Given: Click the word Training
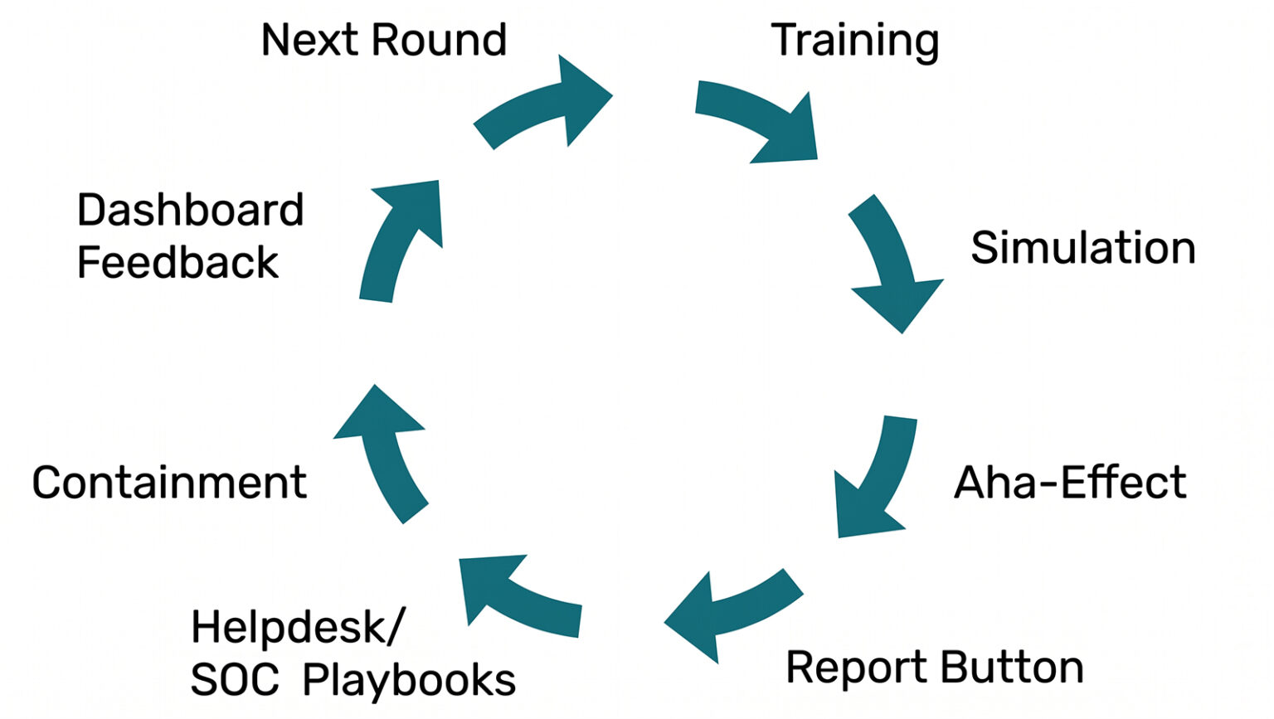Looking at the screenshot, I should pyautogui.click(x=854, y=41).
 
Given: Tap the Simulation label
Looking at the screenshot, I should pyautogui.click(x=1082, y=248).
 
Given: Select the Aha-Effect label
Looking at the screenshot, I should pyautogui.click(x=1070, y=483).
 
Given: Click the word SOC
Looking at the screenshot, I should pyautogui.click(x=235, y=680).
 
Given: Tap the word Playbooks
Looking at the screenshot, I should pyautogui.click(x=409, y=681).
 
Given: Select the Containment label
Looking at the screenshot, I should pyautogui.click(x=169, y=483).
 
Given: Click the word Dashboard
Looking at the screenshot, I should pyautogui.click(x=190, y=210).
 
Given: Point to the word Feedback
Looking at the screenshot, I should pyautogui.click(x=177, y=263).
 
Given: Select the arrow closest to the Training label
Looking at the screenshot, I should pyautogui.click(x=759, y=120).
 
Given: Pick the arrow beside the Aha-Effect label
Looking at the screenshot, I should pyautogui.click(x=871, y=481).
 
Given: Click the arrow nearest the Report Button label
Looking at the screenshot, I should pyautogui.click(x=730, y=610).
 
